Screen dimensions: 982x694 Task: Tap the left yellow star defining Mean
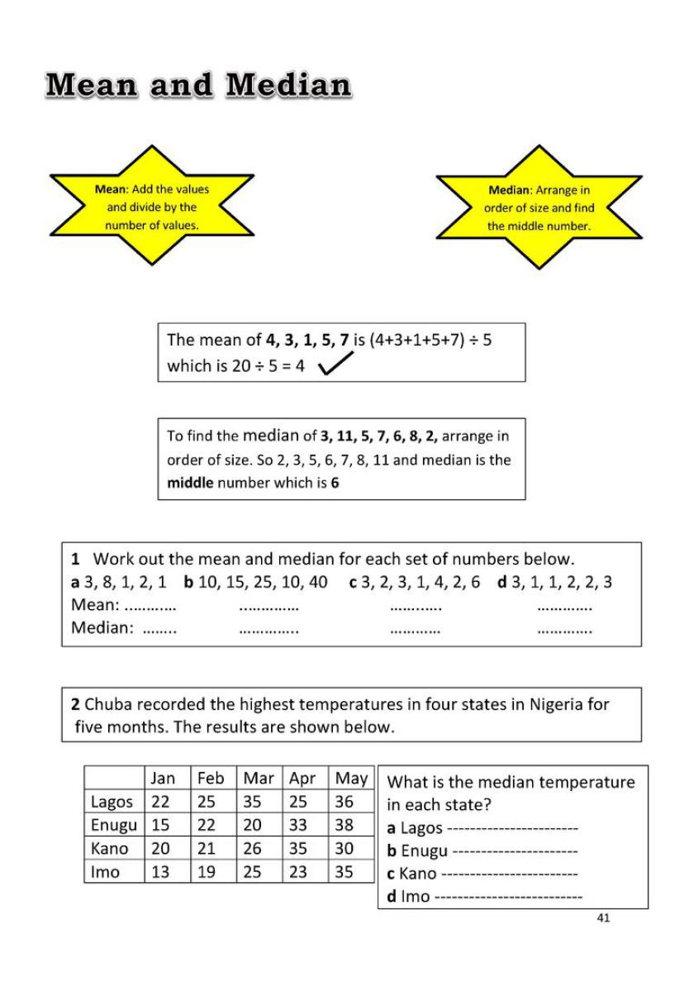pos(152,207)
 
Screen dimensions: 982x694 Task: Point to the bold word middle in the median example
pos(190,483)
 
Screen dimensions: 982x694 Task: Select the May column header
pos(351,779)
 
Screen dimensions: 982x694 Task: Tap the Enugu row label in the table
pos(113,825)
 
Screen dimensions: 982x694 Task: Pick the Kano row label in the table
pos(109,848)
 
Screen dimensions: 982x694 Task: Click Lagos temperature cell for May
pos(345,802)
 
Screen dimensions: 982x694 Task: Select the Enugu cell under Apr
pos(298,825)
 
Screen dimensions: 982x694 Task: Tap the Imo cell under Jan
pos(160,871)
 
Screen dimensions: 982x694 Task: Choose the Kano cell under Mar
pos(252,848)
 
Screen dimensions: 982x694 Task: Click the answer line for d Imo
pos(507,897)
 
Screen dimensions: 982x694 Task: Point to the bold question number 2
pos(75,705)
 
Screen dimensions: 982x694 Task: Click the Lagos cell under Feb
pos(207,802)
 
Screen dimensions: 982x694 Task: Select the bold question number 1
pos(74,559)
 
